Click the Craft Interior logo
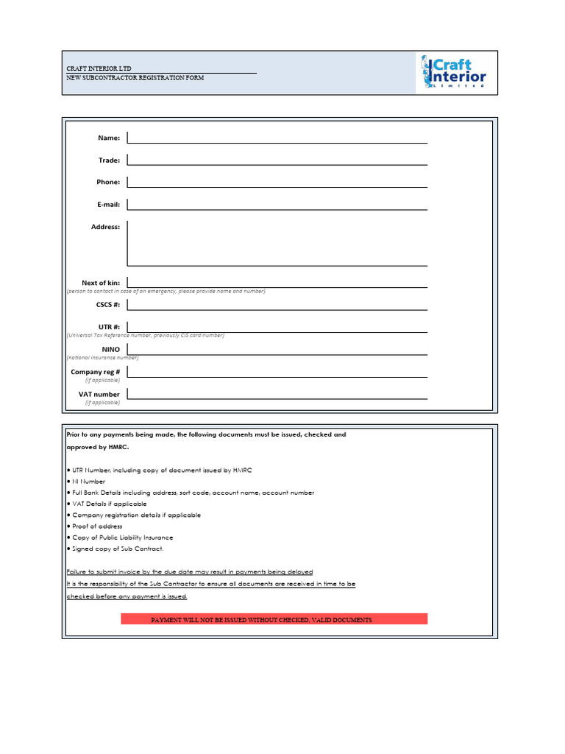coord(454,72)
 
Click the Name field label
coord(109,138)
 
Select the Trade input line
coord(277,159)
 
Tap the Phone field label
coord(108,182)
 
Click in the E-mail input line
coord(277,204)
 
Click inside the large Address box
coord(277,243)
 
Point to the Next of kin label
coord(101,283)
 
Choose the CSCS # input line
coord(277,304)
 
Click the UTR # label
coord(109,326)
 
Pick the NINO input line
coord(277,349)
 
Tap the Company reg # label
coord(95,372)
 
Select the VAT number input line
coord(277,393)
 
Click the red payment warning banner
coord(274,619)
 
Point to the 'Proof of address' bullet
coord(96,526)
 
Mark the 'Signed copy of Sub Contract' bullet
coord(117,549)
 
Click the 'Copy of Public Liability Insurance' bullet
coord(122,538)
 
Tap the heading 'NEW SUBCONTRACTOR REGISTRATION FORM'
coord(135,77)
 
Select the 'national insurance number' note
coord(102,358)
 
